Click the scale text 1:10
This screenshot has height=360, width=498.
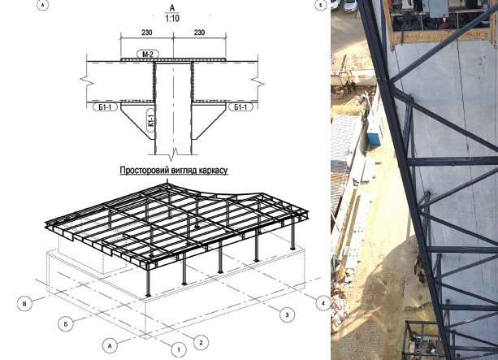[x=172, y=18]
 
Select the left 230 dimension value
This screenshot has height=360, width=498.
[x=147, y=33]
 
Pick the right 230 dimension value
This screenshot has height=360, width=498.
[x=199, y=33]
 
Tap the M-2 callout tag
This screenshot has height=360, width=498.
[x=148, y=54]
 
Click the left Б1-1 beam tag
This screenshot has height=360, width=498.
[x=105, y=107]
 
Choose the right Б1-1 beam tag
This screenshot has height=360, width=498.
[x=240, y=107]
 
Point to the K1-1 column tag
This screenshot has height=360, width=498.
[x=151, y=120]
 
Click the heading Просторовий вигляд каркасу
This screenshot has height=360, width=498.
[x=174, y=171]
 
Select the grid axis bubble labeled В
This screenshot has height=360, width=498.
[x=24, y=304]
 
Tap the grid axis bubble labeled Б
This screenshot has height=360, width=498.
[x=66, y=324]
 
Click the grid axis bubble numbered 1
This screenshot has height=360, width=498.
[x=179, y=349]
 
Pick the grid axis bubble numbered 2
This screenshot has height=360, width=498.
[x=201, y=342]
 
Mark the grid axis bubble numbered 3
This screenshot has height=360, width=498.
[x=287, y=314]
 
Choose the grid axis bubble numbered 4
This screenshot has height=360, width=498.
[x=323, y=303]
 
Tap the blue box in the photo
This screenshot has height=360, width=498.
[x=374, y=138]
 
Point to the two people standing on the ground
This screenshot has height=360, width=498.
[x=350, y=87]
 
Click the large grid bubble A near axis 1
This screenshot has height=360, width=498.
[x=110, y=345]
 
